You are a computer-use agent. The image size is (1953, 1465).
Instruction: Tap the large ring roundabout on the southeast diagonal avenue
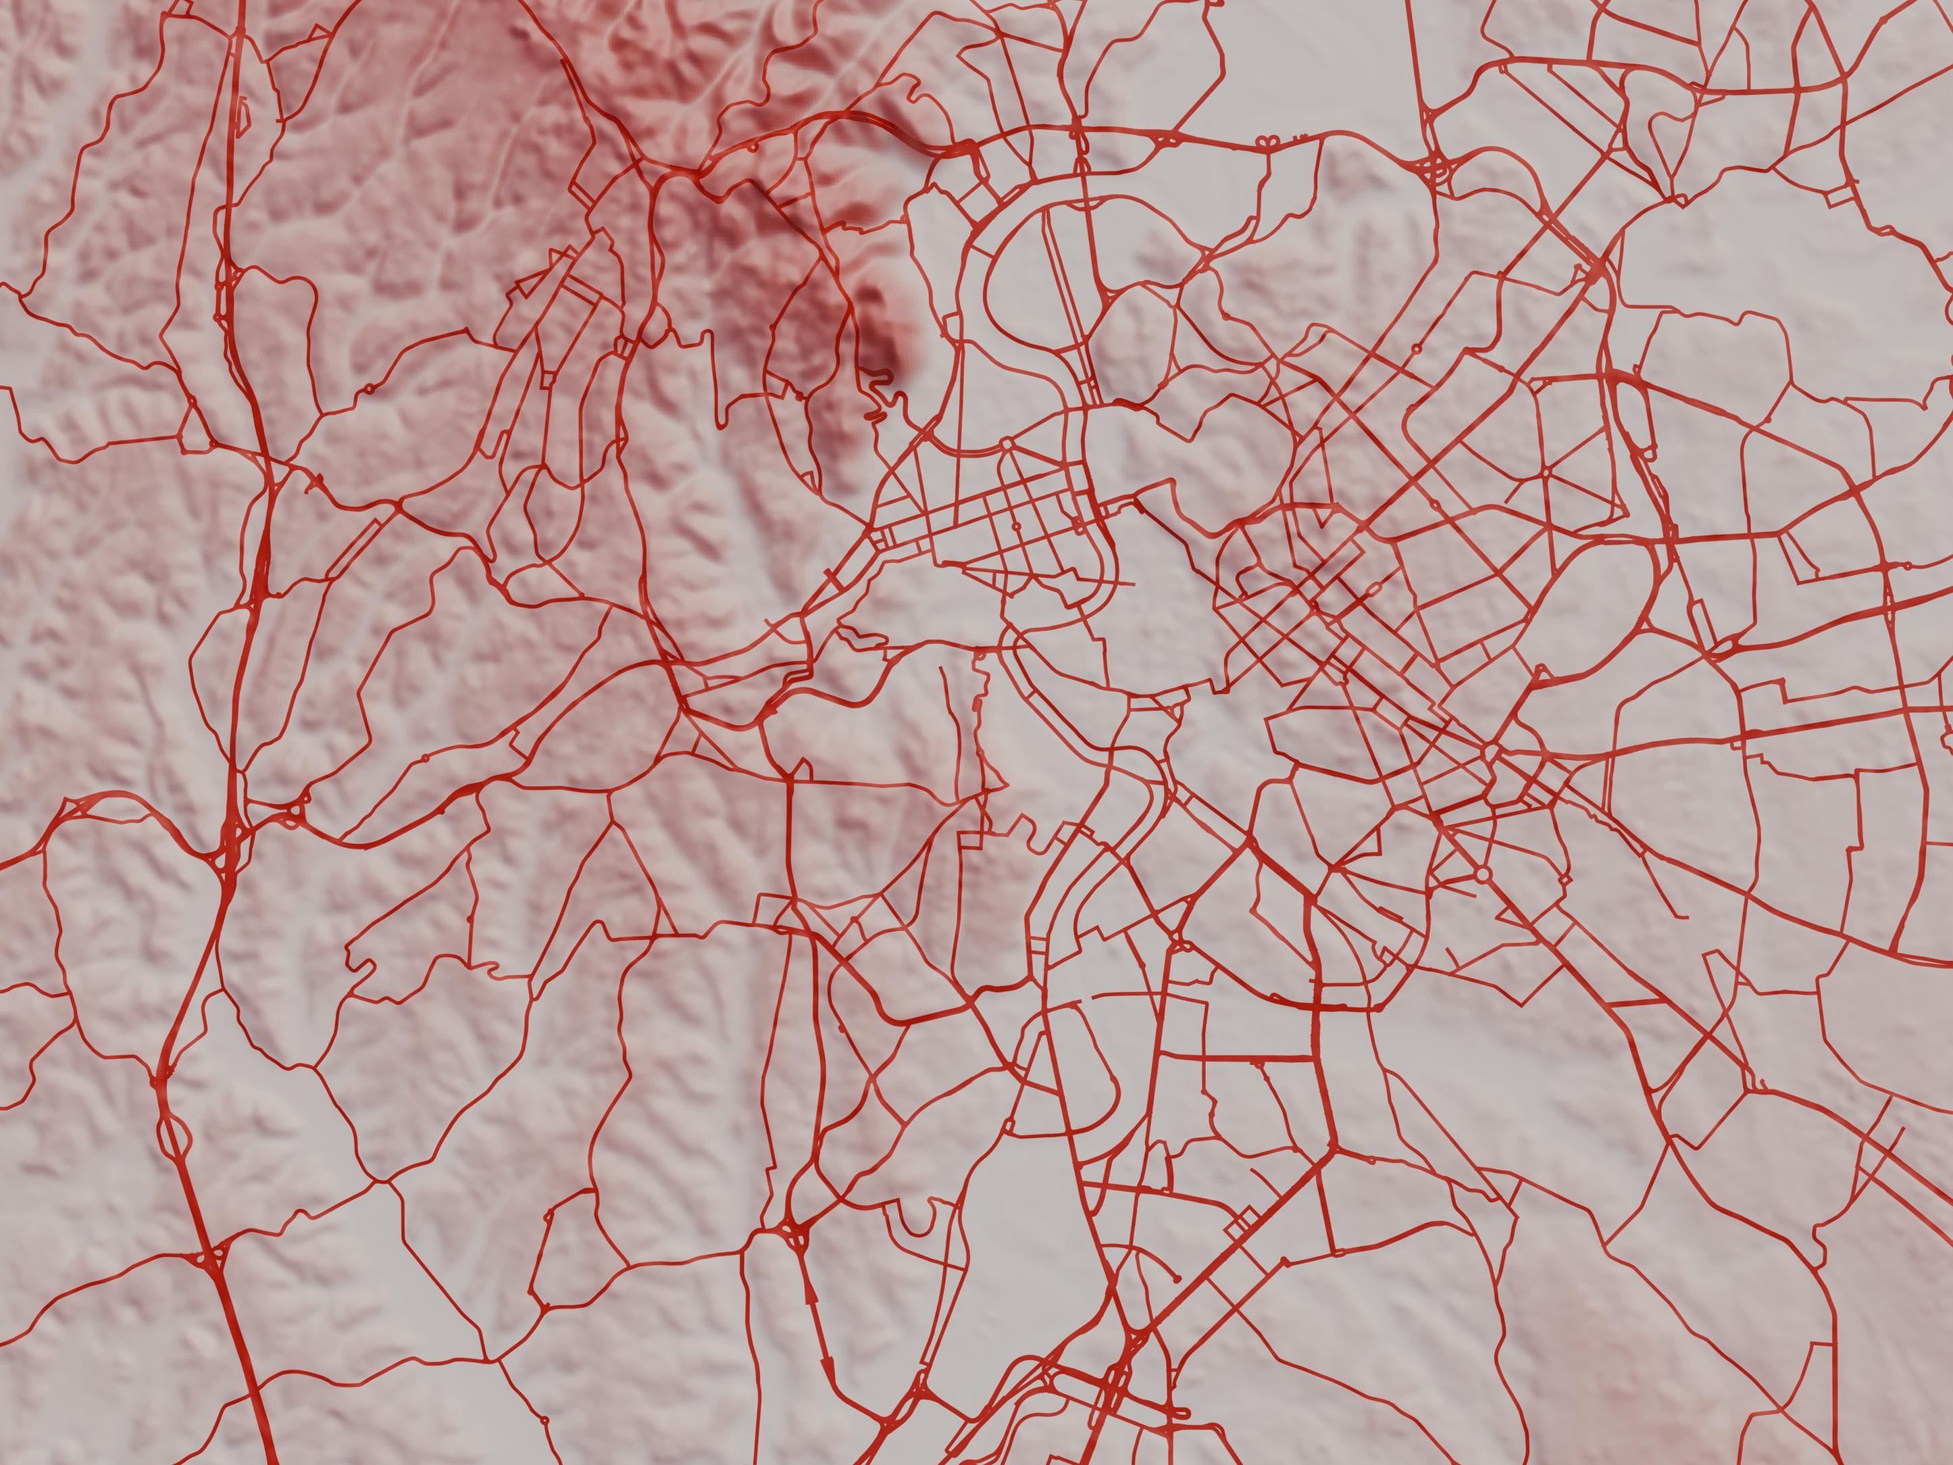tap(1481, 874)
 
